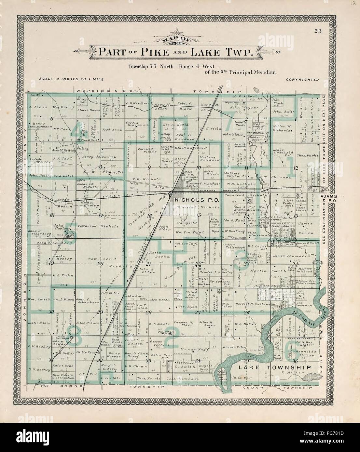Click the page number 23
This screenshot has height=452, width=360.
[x=318, y=31]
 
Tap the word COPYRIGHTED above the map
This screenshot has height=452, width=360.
[x=302, y=79]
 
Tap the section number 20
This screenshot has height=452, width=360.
[x=101, y=263]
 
